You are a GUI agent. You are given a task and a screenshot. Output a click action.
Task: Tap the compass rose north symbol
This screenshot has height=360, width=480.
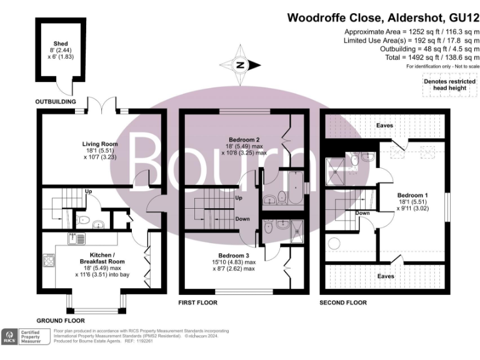pyautogui.click(x=240, y=64)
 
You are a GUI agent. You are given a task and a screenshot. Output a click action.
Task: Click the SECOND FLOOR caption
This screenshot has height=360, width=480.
pyautogui.click(x=343, y=303)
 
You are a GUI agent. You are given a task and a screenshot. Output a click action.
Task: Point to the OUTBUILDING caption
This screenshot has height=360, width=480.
pyautogui.click(x=55, y=101)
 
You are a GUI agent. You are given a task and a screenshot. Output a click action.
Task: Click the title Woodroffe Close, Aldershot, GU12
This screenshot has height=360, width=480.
pyautogui.click(x=383, y=17)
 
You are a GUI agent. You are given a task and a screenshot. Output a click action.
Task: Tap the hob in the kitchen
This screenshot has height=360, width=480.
pyautogui.click(x=48, y=261)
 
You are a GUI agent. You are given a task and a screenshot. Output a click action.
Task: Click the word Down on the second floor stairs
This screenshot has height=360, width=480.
pyautogui.click(x=362, y=212)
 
